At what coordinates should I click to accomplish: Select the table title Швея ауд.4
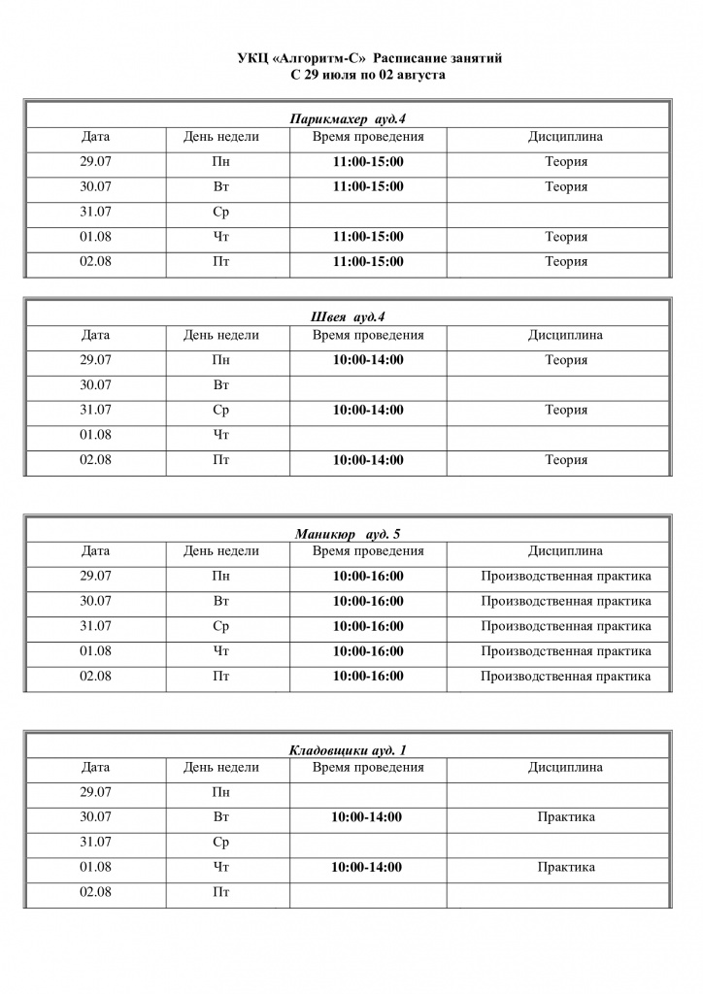point(347,317)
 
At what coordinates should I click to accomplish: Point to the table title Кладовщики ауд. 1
point(348,750)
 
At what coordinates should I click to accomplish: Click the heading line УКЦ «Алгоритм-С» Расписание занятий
point(369,60)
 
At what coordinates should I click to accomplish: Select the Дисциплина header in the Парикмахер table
point(565,137)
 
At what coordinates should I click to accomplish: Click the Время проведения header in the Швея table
point(368,335)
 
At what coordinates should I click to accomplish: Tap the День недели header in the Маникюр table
point(220,551)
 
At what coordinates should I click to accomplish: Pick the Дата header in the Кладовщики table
point(95,768)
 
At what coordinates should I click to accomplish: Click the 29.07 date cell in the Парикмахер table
point(95,162)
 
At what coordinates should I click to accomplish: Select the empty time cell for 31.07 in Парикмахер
point(368,213)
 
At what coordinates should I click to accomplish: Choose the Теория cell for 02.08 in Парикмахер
point(565,262)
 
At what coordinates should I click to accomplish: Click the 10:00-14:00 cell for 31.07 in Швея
point(368,410)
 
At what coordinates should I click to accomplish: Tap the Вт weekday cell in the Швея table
point(220,385)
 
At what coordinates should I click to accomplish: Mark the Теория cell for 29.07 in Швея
point(565,360)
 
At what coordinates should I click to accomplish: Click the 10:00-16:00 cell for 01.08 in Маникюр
point(368,651)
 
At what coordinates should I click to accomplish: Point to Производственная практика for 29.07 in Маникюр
point(565,577)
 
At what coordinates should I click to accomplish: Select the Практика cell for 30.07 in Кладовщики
point(565,817)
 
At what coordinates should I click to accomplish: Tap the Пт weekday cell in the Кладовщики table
point(220,892)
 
